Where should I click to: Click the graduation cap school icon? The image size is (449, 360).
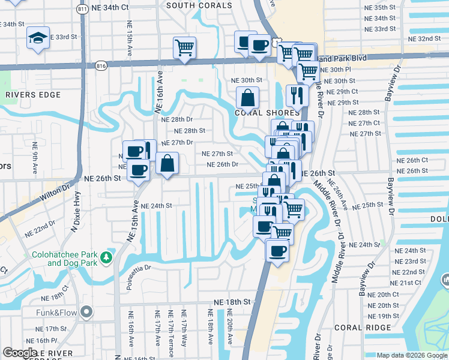pos(38,38)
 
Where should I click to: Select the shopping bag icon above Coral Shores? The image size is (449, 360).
pos(247,97)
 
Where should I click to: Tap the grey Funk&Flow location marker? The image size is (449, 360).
pos(87,312)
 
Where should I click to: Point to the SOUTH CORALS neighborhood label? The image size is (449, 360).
pos(199,5)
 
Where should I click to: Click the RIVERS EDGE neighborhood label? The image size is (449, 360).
pos(33,95)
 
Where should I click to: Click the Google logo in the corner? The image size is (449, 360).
pos(20,353)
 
